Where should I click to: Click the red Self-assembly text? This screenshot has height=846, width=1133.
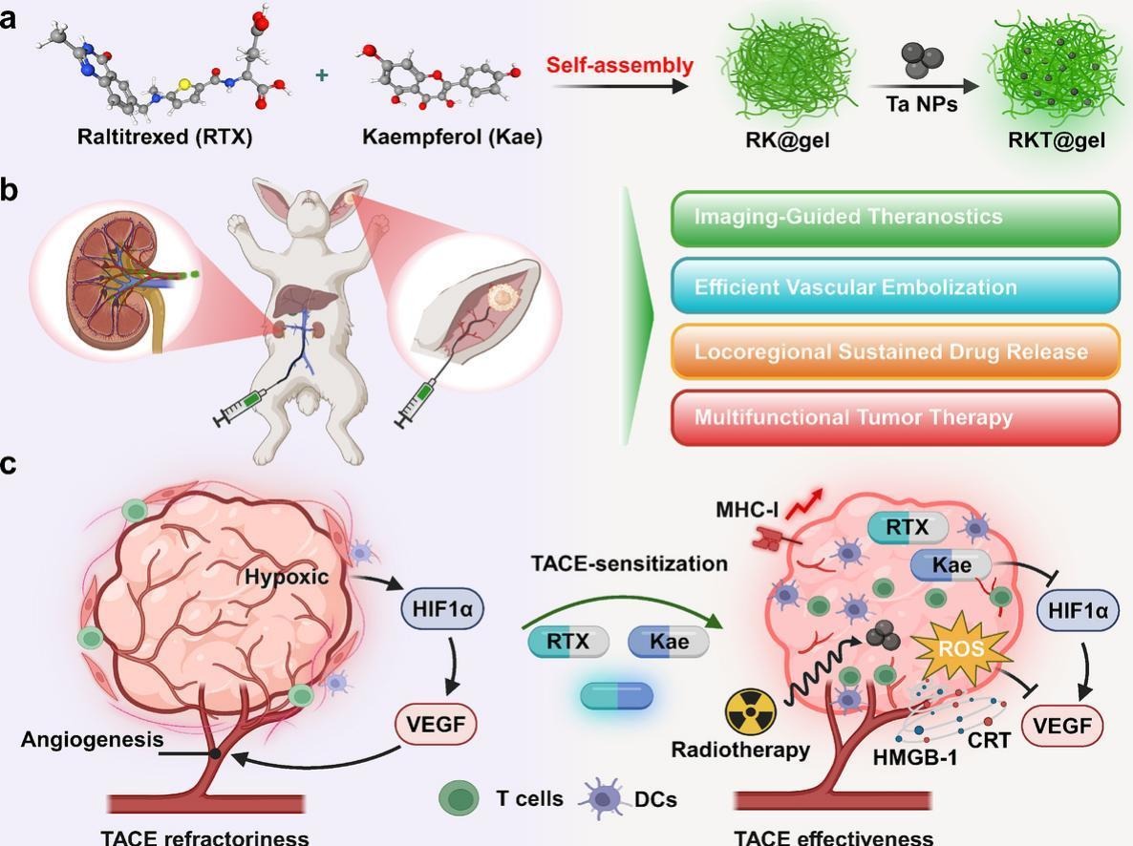pyautogui.click(x=620, y=66)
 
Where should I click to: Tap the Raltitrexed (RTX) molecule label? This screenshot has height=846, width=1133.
pyautogui.click(x=165, y=137)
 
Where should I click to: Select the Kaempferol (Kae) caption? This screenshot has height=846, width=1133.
pyautogui.click(x=452, y=137)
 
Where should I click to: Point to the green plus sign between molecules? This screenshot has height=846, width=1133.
pyautogui.click(x=322, y=74)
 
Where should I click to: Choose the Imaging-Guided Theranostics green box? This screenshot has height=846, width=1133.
pyautogui.click(x=894, y=218)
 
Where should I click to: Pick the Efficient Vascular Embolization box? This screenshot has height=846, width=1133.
pyautogui.click(x=894, y=286)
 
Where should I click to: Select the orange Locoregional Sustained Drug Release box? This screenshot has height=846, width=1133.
pyautogui.click(x=894, y=351)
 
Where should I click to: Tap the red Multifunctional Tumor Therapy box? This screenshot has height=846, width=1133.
pyautogui.click(x=894, y=417)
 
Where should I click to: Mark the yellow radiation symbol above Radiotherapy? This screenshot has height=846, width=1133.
pyautogui.click(x=752, y=712)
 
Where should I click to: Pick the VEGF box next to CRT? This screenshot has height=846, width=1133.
pyautogui.click(x=1063, y=726)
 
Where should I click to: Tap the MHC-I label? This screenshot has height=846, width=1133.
pyautogui.click(x=747, y=509)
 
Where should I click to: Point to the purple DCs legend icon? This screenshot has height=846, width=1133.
pyautogui.click(x=604, y=796)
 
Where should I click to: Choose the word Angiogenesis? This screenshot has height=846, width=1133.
pyautogui.click(x=93, y=739)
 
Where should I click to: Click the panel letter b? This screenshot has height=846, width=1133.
pyautogui.click(x=10, y=188)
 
